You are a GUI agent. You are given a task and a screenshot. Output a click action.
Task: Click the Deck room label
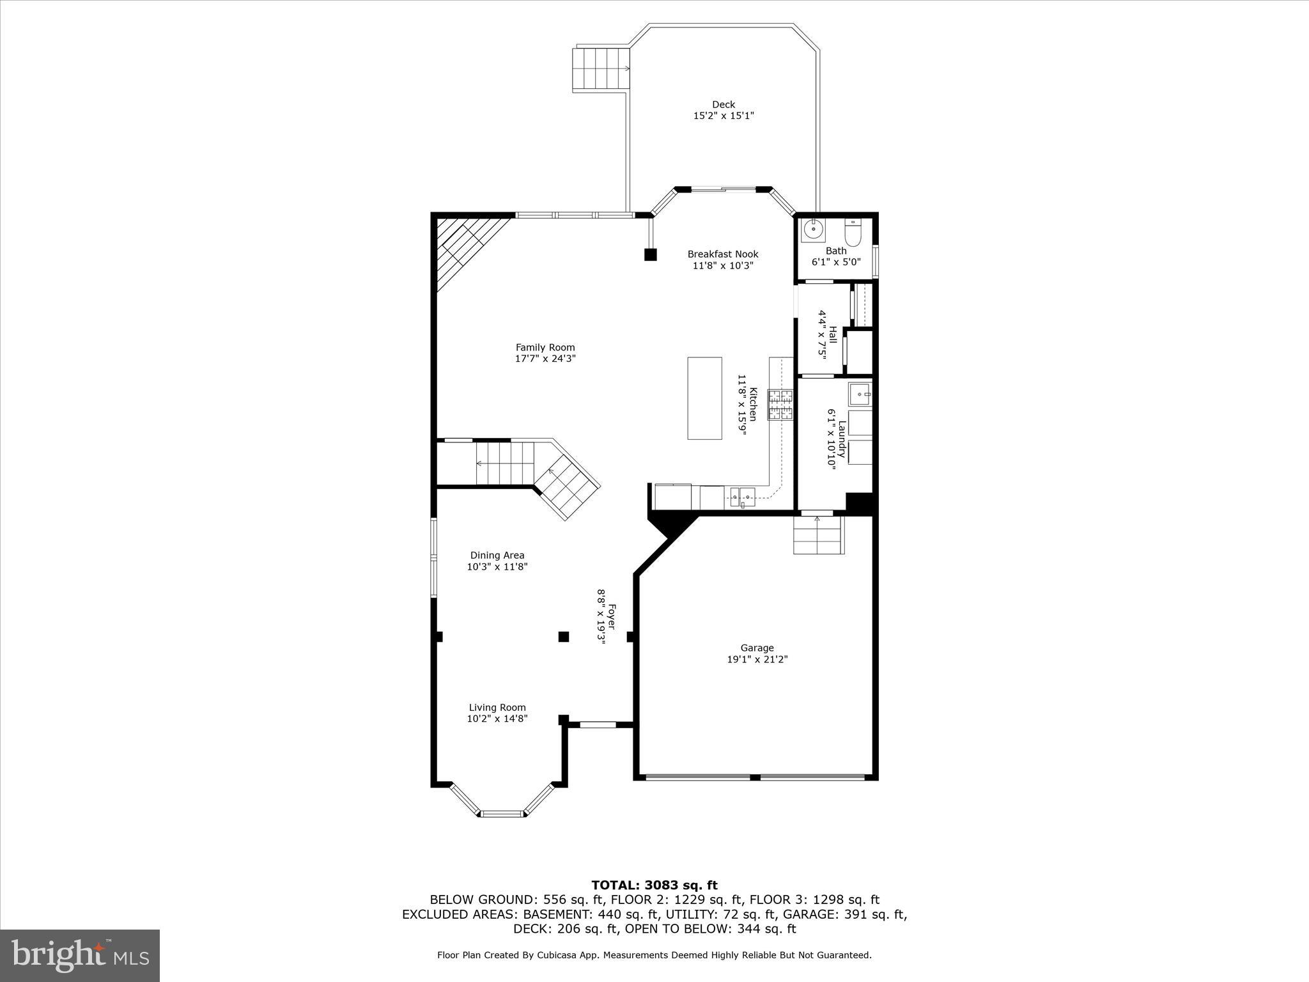point(724,105)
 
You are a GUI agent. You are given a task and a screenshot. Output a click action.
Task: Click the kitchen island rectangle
point(704,398)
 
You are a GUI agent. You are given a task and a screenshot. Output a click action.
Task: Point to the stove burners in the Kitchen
point(780,405)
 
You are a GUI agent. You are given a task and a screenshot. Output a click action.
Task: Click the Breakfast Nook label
point(723,254)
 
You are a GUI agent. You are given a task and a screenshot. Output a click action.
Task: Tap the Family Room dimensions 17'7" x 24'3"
point(545,359)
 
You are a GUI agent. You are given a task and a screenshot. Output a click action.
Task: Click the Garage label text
point(757,648)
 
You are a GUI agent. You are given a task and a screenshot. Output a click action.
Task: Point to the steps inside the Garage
point(818,536)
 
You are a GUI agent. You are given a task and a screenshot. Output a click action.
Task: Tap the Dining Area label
point(497,555)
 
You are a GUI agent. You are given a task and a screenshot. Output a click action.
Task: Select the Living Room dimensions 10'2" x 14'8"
point(497,719)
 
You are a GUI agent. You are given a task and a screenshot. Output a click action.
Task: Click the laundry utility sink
point(859,394)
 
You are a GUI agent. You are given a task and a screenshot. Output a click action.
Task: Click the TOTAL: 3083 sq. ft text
point(654,885)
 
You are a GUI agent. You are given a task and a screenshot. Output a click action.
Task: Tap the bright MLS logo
point(80,955)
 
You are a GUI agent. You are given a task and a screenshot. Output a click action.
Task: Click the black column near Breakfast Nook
point(650,254)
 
